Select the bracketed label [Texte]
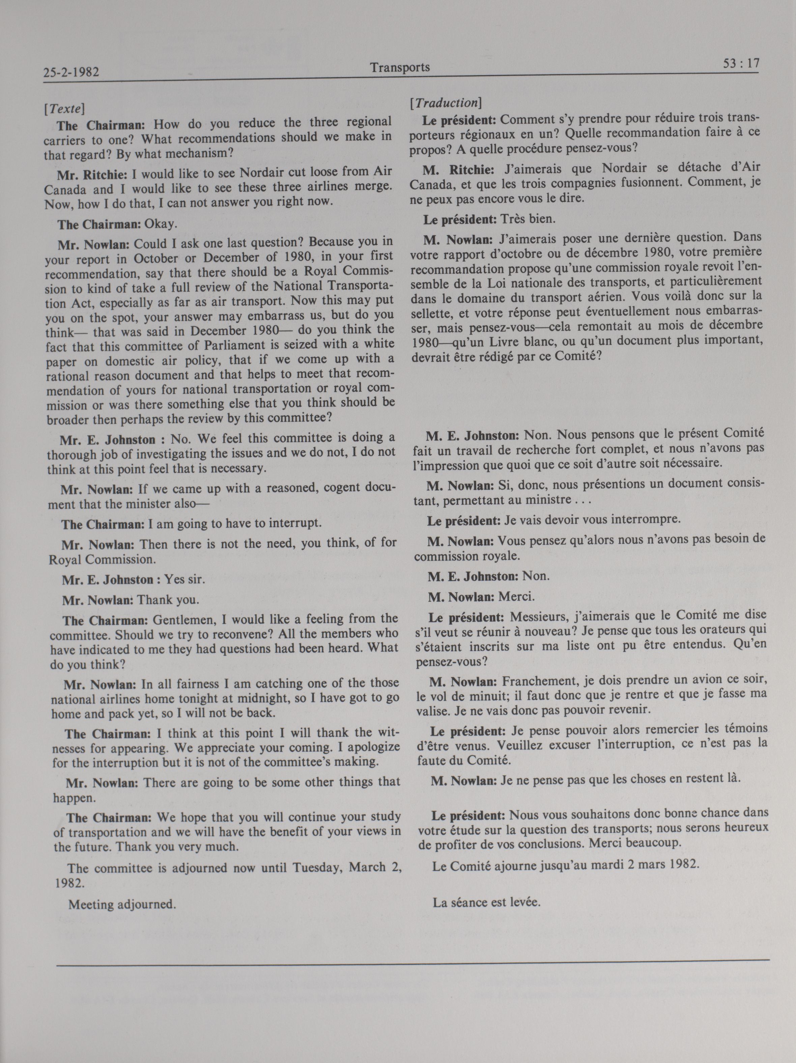(x=64, y=109)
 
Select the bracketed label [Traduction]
(x=445, y=103)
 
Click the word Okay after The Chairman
(x=162, y=224)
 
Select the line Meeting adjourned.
(x=122, y=904)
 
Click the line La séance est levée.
(x=486, y=902)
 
